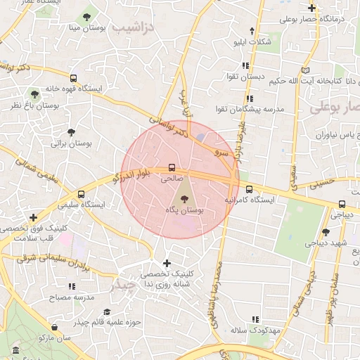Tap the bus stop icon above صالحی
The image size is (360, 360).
click(172, 167)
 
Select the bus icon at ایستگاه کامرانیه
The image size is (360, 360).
click(249, 188)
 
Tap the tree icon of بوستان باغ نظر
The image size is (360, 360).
click(34, 94)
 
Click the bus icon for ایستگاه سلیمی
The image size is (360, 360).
click(81, 194)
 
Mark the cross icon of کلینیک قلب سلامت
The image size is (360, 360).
click(33, 217)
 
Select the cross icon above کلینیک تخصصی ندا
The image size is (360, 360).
click(167, 263)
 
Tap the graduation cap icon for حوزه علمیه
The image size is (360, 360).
click(107, 311)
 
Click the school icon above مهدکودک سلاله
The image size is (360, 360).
click(255, 319)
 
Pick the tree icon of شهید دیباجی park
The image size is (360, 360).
click(325, 232)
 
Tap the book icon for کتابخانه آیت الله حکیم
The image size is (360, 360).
click(304, 70)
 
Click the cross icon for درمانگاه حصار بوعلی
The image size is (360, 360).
click(311, 8)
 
